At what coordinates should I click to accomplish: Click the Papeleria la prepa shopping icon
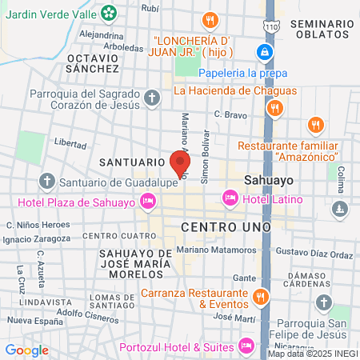coord(263,53)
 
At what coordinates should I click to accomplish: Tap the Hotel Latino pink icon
coord(230,197)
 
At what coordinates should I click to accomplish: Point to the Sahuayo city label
coord(268,181)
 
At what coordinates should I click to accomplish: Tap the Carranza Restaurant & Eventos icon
coord(259,298)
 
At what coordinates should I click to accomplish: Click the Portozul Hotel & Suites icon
coord(246,346)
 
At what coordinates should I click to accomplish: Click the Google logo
coord(26,350)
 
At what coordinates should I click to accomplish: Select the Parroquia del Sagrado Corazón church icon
coord(153,98)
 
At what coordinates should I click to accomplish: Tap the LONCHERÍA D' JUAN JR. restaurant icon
coord(210,20)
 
